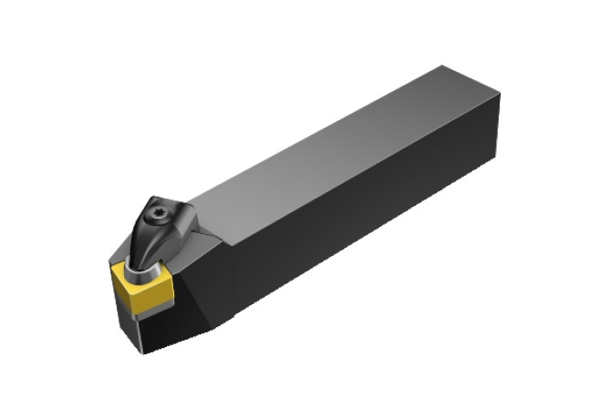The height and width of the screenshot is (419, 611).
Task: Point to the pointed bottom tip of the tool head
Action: point(145,352)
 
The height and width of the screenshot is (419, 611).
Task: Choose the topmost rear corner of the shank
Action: point(441,66)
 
